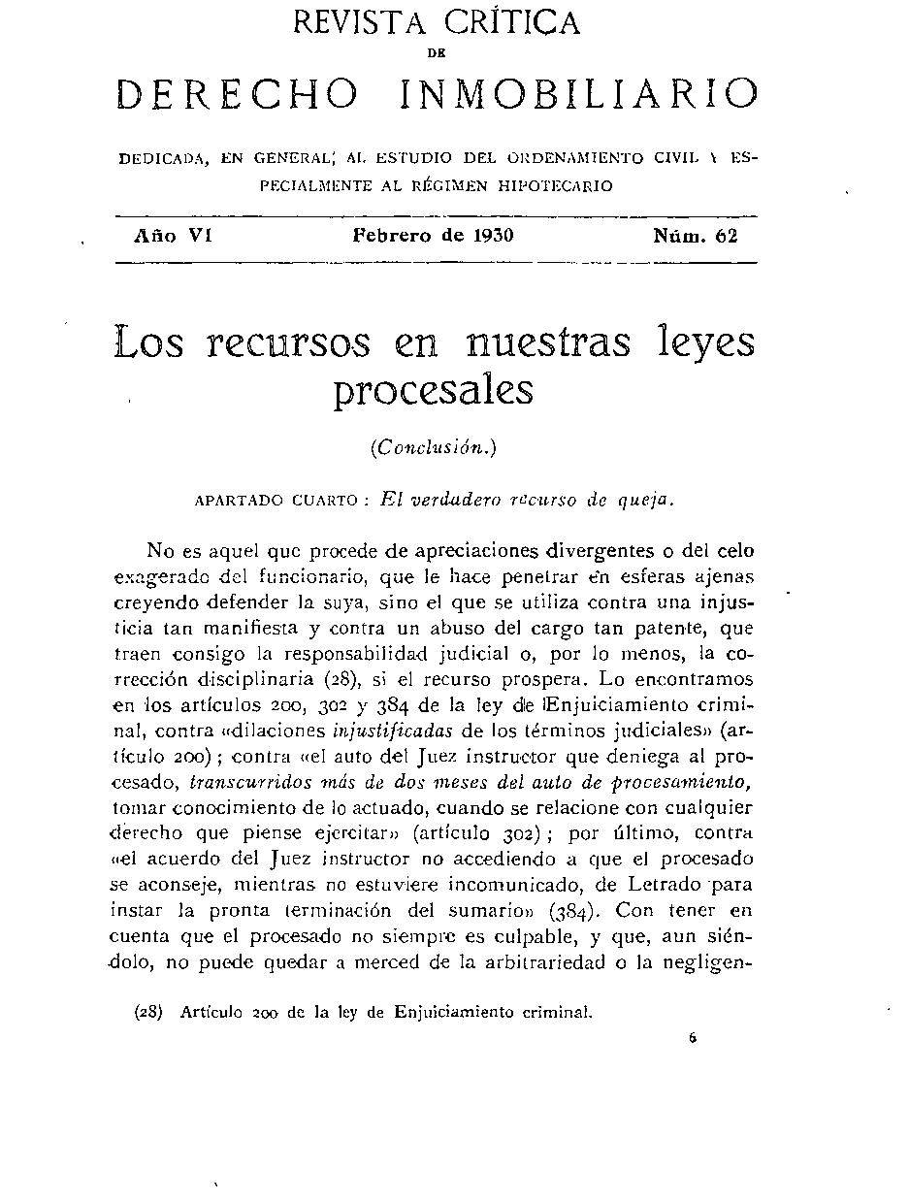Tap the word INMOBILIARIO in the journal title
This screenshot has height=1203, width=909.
click(579, 94)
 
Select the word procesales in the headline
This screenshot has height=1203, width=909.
click(434, 391)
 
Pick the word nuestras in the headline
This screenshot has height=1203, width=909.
click(547, 343)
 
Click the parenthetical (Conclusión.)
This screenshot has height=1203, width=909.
click(434, 447)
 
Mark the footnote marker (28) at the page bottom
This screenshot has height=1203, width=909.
click(149, 1012)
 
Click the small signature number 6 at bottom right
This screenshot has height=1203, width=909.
click(693, 1037)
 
